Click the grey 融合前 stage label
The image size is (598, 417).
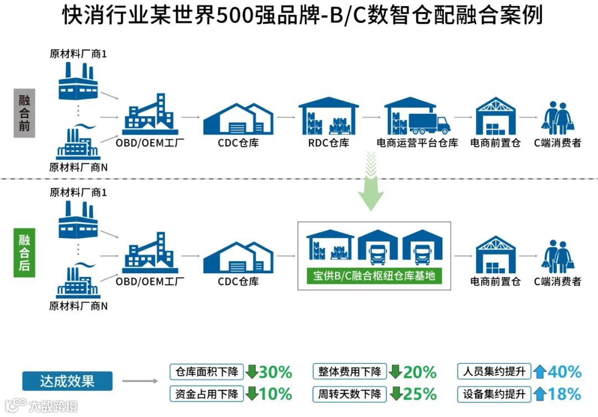coord(24,113)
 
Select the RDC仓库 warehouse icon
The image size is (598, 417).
coord(328,117)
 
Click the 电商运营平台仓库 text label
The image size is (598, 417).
coord(417,143)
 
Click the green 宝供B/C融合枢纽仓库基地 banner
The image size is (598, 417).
coord(374,275)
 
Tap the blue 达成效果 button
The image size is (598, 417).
coord(67,381)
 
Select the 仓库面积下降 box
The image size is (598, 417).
coord(207,371)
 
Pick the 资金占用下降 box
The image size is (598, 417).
coord(207,394)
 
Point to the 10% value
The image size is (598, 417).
coord(275,394)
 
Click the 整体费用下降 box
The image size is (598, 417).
coord(349,371)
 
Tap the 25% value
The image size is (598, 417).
coord(420,394)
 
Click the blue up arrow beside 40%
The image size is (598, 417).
coord(540,372)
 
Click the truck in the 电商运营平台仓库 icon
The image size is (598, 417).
coord(429,124)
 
